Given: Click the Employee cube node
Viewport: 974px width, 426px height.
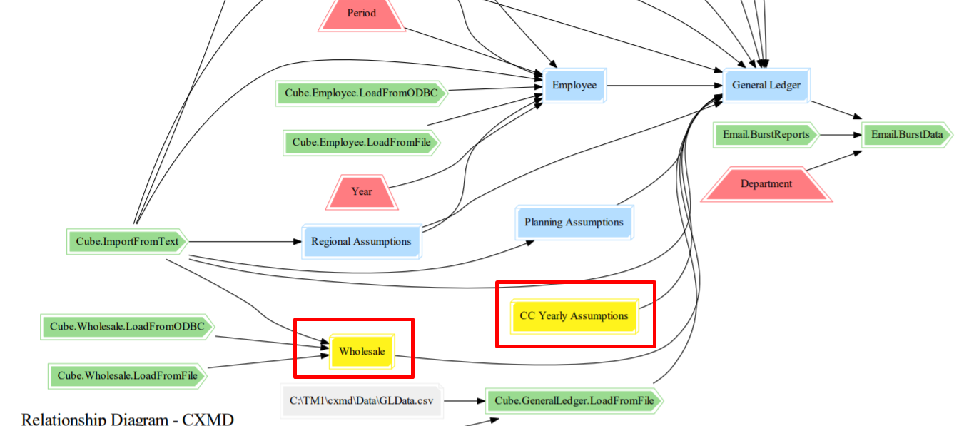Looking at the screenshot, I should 574,86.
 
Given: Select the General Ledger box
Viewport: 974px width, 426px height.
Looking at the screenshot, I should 766,86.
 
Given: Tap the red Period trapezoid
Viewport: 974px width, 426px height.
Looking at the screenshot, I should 362,14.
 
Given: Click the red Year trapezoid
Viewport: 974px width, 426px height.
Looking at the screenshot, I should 362,191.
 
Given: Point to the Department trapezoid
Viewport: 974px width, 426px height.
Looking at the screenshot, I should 766,184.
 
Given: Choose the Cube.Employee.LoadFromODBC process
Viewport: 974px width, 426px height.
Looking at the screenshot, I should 361,93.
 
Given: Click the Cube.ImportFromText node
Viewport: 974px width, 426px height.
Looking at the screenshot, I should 127,242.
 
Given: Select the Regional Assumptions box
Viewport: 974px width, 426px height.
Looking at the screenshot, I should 361,242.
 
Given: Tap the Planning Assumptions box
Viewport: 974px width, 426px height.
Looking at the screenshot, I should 574,223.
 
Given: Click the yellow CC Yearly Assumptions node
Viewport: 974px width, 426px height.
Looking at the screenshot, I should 574,316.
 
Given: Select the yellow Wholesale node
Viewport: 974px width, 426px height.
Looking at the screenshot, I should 362,352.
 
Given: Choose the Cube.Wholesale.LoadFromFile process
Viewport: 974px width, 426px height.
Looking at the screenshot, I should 127,375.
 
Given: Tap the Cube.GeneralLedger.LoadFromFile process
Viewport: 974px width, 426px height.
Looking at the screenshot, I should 574,401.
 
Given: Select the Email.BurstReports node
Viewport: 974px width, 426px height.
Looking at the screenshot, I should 766,134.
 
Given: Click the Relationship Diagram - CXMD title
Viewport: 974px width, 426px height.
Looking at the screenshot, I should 128,419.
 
